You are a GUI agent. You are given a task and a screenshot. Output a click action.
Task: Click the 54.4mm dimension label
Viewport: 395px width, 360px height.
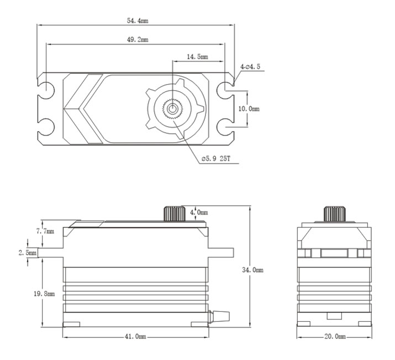[x=138, y=20]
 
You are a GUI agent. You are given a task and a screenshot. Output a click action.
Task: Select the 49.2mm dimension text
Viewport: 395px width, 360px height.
[x=138, y=40]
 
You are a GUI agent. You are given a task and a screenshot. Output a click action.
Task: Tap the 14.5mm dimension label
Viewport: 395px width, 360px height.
[x=198, y=57]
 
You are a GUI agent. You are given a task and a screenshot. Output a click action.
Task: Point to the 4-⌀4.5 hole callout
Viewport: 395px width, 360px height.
[x=250, y=67]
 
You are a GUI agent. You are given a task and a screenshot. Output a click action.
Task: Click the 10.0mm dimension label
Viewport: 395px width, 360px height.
[x=249, y=109]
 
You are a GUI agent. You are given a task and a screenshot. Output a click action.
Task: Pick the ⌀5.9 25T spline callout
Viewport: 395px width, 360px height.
[x=216, y=159]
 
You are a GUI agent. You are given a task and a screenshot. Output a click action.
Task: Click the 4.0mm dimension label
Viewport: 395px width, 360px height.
[x=199, y=212]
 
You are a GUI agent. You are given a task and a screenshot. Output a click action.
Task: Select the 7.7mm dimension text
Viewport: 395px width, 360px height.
[x=45, y=231]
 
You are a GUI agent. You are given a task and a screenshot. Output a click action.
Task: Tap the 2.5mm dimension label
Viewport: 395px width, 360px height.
[x=28, y=253]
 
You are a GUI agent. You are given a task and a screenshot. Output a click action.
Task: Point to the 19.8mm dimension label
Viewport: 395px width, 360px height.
[x=44, y=294]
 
